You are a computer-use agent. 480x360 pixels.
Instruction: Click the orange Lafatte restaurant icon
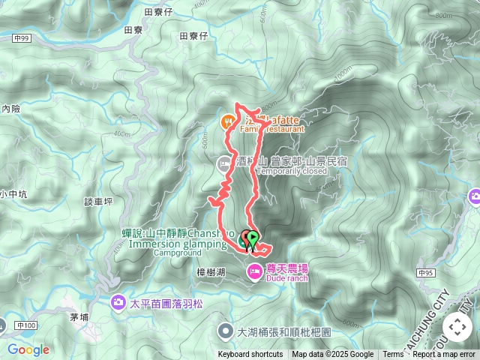tap(227, 121)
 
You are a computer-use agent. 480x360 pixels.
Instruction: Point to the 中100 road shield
tap(25, 325)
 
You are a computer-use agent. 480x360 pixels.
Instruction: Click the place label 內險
tap(11, 109)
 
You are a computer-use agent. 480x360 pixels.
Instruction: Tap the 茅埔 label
tap(80, 317)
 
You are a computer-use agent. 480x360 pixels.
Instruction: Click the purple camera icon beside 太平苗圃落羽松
tap(118, 303)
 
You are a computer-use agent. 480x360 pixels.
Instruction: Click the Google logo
tap(28, 349)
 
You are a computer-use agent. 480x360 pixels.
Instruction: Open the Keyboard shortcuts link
tap(250, 355)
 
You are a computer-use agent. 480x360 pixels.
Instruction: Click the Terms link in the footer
tap(393, 355)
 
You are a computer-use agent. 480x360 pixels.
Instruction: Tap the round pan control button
tap(457, 327)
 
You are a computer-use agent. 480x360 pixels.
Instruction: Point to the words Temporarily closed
tap(292, 171)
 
